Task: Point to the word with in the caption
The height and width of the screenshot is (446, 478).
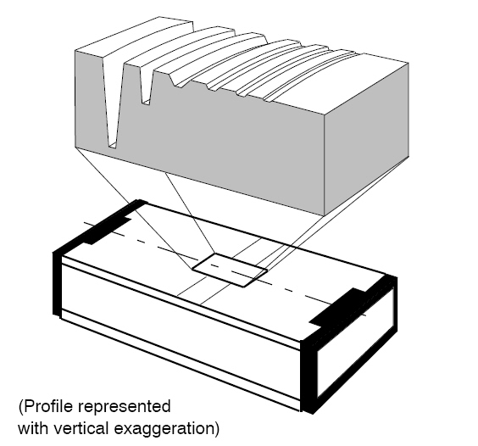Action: click(x=33, y=428)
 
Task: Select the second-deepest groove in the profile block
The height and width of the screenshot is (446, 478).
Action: click(x=146, y=85)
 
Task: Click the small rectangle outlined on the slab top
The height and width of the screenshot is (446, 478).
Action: click(x=230, y=270)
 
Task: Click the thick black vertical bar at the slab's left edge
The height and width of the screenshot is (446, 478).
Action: click(x=58, y=283)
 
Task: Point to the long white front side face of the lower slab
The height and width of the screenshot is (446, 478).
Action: click(x=181, y=330)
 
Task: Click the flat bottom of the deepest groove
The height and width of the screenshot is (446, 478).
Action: click(x=113, y=146)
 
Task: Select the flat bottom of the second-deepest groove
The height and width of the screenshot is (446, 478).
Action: click(x=146, y=103)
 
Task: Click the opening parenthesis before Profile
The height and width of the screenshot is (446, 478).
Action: click(x=20, y=408)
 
